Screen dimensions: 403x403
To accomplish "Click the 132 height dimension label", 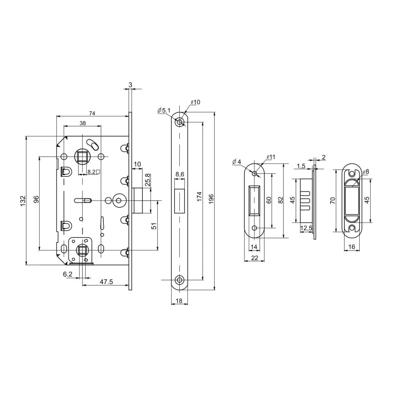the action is pos(23,200).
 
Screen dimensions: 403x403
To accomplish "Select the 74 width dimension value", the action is pos(92,113).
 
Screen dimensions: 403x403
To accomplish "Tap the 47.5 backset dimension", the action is pos(106,282).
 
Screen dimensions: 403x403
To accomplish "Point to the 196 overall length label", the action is pos(211,199).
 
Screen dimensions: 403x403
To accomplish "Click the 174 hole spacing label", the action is pos(199,196).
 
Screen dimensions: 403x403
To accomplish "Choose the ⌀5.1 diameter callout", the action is pos(164,110).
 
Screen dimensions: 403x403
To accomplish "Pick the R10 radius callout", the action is pos(195,102).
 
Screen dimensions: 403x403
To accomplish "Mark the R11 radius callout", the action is pos(271,157).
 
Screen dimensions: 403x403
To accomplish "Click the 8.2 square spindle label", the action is pos(93,172).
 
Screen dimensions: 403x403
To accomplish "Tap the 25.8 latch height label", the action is pos(147,180).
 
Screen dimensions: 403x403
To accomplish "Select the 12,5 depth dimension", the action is pos(306,228).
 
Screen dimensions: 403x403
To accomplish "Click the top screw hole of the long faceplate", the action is pos(179,122).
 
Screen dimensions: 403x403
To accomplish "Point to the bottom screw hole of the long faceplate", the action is pos(179,280).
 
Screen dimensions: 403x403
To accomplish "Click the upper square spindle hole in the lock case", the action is pos(82,157).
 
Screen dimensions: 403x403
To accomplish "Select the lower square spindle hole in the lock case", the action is pos(82,250).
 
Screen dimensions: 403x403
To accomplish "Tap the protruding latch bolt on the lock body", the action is pos(138,200).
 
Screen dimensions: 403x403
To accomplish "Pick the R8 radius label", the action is pos(366,172).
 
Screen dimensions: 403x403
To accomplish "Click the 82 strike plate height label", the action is pos(281,200).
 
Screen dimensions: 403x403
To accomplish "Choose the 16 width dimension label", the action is pos(352,247).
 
